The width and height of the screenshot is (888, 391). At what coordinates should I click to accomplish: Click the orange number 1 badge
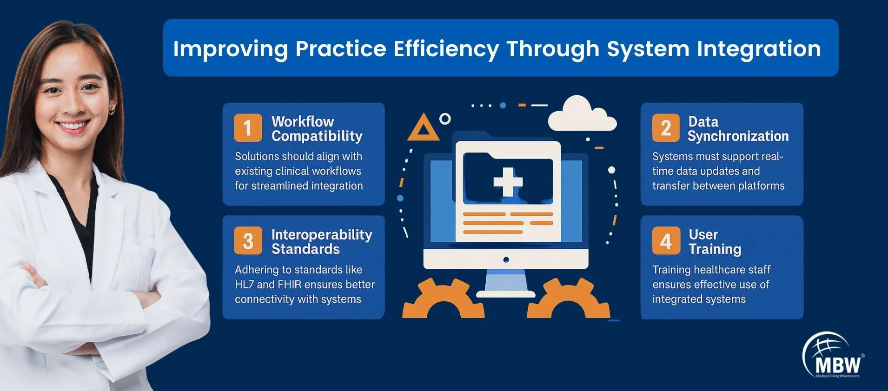point(248,127)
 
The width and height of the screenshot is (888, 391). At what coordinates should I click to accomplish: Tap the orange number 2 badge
point(666,127)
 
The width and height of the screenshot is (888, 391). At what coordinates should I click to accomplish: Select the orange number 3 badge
point(248,240)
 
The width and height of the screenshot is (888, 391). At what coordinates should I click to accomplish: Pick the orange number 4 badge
point(666,240)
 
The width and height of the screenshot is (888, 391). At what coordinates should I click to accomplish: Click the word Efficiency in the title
point(446,49)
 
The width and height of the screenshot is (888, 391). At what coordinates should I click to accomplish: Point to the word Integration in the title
point(759,49)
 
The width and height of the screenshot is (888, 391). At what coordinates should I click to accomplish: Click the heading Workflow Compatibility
point(317,129)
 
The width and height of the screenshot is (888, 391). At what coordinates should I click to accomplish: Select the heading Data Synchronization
point(738,129)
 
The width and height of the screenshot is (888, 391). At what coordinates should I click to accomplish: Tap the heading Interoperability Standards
point(322,242)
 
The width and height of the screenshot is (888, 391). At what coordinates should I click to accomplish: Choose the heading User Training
point(715,242)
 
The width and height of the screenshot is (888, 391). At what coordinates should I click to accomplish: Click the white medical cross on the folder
point(508,182)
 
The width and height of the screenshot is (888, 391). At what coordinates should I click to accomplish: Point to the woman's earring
point(112,110)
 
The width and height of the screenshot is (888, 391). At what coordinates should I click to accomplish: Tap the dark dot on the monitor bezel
point(506,259)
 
